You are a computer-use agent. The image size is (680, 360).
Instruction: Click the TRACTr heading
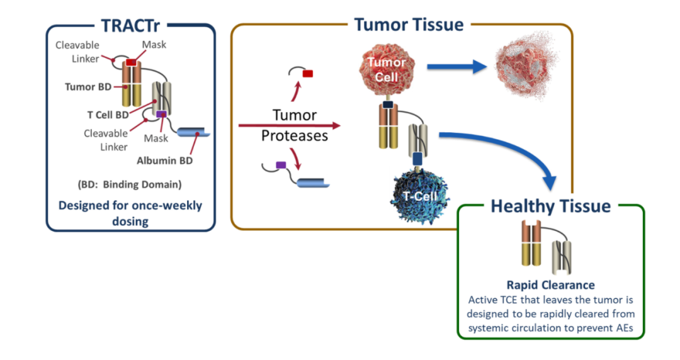pos(130,26)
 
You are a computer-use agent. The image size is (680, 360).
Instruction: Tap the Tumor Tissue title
pos(409,25)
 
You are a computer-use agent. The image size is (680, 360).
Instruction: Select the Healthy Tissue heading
pos(550,206)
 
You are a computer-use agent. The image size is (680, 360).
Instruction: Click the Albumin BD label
pos(165,160)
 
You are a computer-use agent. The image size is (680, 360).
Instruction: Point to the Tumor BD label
pos(88,87)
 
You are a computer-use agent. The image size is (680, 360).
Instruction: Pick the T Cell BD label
pos(108,115)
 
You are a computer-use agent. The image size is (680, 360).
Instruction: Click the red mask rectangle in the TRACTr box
pos(131,62)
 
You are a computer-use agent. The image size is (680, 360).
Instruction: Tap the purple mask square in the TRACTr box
pos(161,114)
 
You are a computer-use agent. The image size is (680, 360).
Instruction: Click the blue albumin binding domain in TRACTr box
pos(193,132)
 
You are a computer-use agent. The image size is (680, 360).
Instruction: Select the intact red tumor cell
pos(387,70)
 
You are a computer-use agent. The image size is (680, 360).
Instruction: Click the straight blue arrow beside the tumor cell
pos(457,67)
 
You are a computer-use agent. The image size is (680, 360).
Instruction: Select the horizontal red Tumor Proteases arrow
pos(289,126)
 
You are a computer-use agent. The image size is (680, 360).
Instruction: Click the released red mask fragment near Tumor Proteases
pos(307,74)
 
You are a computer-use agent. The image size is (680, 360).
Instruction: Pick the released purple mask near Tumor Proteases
pos(281,166)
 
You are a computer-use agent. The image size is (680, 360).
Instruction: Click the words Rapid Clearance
pos(551,285)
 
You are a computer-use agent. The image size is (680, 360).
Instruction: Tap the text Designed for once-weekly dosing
pos(130,213)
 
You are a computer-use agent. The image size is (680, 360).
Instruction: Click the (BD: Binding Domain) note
pos(130,185)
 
